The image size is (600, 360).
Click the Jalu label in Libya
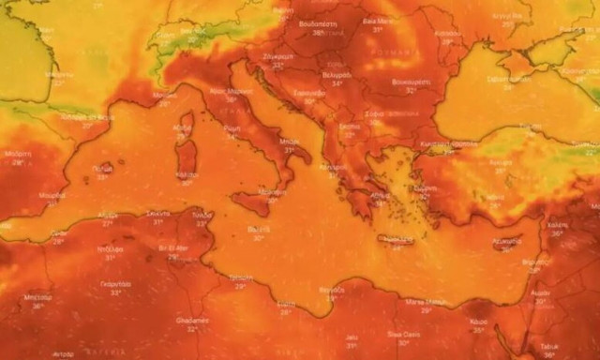click(352, 336)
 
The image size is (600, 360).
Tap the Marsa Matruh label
click(424, 300)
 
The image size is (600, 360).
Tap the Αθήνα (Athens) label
click(380, 195)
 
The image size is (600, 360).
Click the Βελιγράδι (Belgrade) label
click(336, 74)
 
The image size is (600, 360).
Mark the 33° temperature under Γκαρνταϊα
click(114, 292)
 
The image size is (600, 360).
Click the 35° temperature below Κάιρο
click(479, 329)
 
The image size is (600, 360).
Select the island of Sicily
click(258, 201)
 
